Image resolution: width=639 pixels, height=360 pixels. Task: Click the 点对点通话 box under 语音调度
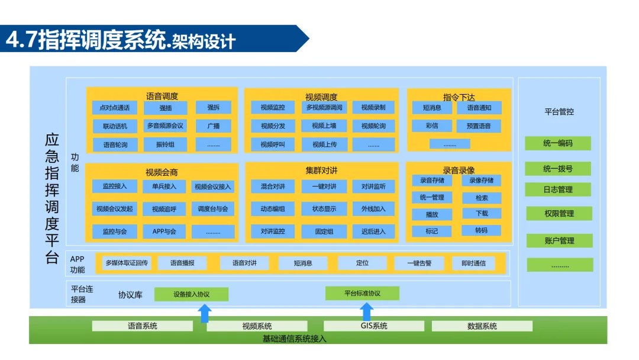click(115, 108)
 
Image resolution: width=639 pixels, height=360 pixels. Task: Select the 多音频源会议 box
click(165, 126)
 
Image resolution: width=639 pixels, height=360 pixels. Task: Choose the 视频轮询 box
click(373, 126)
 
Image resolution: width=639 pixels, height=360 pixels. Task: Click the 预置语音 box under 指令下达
click(479, 126)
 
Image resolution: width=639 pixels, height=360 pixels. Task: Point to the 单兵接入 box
click(164, 187)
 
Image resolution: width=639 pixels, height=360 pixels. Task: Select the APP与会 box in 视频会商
click(164, 232)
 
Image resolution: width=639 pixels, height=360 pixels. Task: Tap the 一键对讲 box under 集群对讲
click(323, 187)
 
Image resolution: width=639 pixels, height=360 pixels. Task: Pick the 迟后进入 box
click(373, 232)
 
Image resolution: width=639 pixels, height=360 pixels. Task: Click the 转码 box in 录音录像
click(481, 230)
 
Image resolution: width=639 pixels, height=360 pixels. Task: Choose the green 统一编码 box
click(557, 143)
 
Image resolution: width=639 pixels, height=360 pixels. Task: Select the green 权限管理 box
click(559, 214)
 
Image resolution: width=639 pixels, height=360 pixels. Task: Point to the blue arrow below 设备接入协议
click(205, 313)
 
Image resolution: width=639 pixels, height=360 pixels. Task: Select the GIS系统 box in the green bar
click(374, 326)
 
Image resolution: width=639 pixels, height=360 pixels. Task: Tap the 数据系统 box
click(482, 326)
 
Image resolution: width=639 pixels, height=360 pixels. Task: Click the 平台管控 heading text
click(559, 111)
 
